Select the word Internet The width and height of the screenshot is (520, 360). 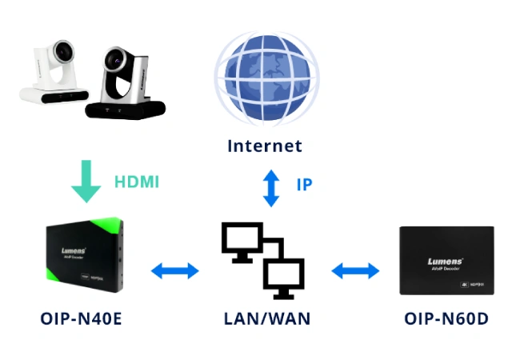(265, 146)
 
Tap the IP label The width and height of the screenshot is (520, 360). (304, 185)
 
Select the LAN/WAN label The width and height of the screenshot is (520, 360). (266, 318)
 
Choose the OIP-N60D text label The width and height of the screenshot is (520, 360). (445, 318)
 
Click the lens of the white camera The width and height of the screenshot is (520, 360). (59, 54)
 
